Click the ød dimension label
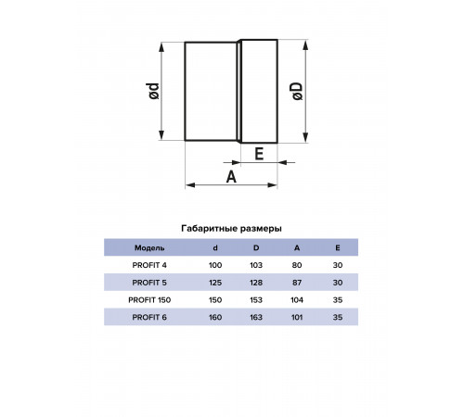[154, 91]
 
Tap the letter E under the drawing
[259, 154]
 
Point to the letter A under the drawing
[231, 177]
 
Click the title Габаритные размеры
[231, 229]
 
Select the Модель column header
[149, 247]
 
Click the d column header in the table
[215, 247]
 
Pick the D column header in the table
[256, 247]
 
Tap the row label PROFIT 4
[149, 265]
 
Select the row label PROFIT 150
[149, 300]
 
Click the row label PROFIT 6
[149, 317]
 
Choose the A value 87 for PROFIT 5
[297, 283]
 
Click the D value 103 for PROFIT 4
[256, 265]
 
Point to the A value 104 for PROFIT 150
[297, 300]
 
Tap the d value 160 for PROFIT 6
[215, 317]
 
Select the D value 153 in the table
[256, 300]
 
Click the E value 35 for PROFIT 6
[338, 317]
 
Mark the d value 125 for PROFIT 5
[215, 283]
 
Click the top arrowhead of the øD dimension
[305, 44]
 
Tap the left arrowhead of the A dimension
[190, 185]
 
